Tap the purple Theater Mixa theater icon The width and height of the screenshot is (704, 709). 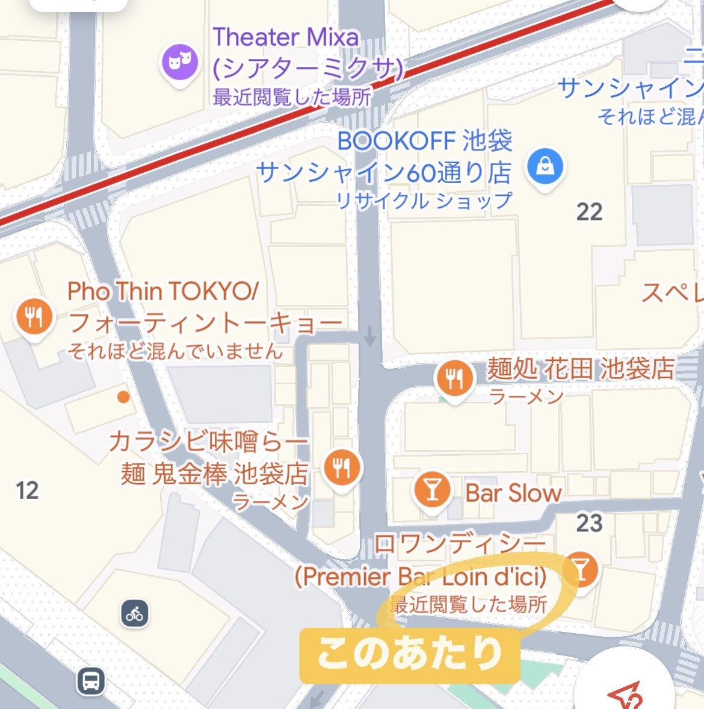click(179, 61)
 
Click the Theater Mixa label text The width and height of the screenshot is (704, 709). click(286, 37)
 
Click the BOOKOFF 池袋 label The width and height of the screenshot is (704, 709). click(424, 141)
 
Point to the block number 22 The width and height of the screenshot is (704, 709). click(589, 212)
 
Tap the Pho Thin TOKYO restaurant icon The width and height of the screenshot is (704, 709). click(34, 316)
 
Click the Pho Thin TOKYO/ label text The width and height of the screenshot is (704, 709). click(162, 292)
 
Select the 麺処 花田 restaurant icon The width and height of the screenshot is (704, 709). click(454, 378)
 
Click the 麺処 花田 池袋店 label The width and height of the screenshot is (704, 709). click(581, 369)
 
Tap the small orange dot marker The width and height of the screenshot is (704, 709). click(123, 396)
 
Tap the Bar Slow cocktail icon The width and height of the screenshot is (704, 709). click(432, 490)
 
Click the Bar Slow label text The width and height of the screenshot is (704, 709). click(513, 493)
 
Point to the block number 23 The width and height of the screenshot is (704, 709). click(589, 523)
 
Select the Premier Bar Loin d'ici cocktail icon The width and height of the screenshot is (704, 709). click(581, 568)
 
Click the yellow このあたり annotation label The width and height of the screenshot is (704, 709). click(409, 655)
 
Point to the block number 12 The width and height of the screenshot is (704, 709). click(27, 490)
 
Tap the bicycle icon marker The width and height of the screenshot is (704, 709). click(135, 614)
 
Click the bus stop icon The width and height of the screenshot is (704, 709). click(91, 682)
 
